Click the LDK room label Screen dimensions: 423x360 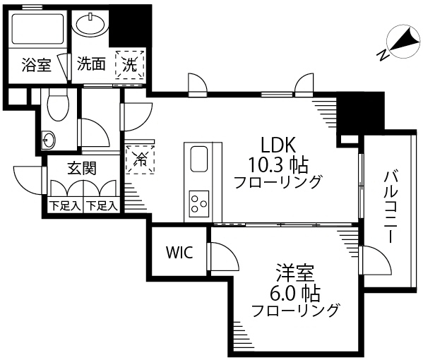278,145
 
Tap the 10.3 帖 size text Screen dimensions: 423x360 278,164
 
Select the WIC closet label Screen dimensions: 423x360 179,253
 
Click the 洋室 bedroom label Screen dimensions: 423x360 295,272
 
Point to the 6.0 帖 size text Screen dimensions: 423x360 295,293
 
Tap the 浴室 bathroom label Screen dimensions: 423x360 36,65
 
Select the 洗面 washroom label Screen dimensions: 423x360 91,64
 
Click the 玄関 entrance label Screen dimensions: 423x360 82,168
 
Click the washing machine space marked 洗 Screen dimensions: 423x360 130,64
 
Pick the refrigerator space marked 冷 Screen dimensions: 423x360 141,160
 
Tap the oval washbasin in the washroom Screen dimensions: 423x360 90,24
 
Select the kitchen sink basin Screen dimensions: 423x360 199,160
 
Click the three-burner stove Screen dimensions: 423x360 199,204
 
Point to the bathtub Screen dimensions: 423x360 37,29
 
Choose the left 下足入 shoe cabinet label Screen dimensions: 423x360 65,206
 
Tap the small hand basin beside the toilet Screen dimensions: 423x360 49,140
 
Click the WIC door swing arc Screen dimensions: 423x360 230,252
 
